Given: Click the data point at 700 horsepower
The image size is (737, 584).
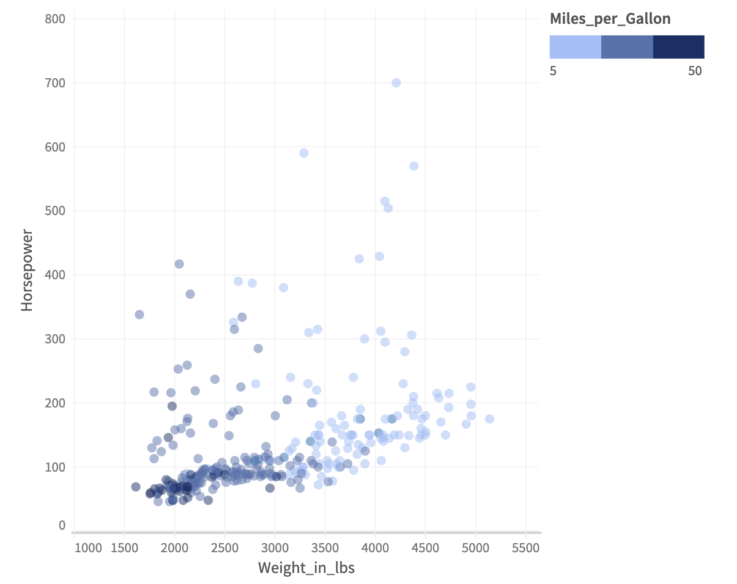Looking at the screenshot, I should point(396,82).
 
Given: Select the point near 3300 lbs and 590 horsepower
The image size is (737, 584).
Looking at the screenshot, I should point(303,153).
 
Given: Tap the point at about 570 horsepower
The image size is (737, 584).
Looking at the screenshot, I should point(413,166).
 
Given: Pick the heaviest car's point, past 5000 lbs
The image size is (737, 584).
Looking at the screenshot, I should point(489,418).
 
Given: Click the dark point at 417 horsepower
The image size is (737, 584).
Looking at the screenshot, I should point(179,264).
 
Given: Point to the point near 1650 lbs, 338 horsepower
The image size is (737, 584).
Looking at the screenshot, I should point(139,314).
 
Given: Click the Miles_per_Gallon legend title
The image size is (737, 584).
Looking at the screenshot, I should point(610,19).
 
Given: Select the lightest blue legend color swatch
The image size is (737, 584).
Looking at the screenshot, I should point(576,47).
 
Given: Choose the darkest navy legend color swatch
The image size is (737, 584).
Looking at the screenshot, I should point(678,47).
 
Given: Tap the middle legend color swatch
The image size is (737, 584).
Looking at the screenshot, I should point(627,47).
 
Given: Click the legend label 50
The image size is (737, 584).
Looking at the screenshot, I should point(695,71).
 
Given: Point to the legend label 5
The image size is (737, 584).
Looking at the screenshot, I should point(553,71).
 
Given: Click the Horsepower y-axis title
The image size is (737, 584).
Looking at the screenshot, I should point(27,270).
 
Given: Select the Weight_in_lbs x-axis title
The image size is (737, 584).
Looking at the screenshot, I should point(306,568).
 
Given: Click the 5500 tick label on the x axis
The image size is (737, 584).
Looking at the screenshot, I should point(526,548).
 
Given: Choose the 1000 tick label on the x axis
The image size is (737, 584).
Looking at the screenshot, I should point(89,548).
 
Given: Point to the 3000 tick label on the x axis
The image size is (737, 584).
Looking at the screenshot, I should point(275,548).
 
